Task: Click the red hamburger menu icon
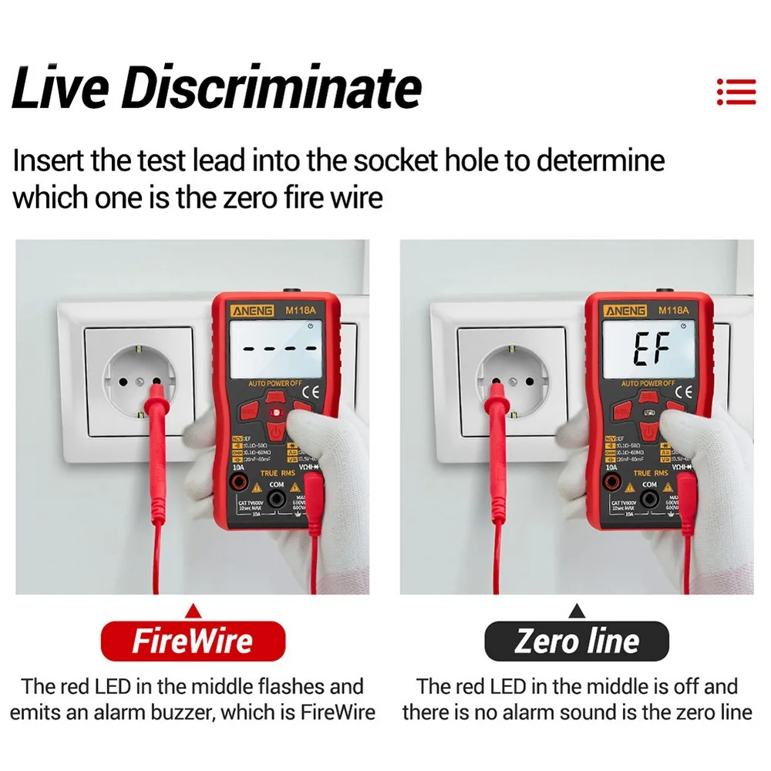pos(736,91)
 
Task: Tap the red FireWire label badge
pos(193,641)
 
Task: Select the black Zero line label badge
pos(577,641)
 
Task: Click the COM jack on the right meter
pos(649,500)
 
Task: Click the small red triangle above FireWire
pos(194,611)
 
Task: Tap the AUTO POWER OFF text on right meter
pos(648,383)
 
